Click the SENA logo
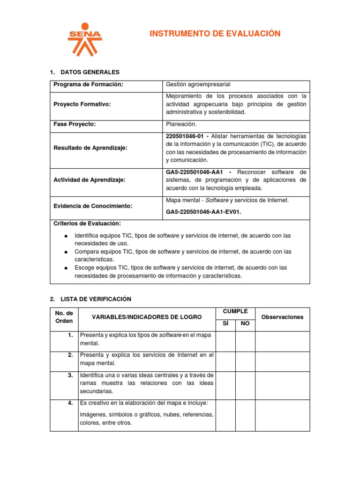(84, 39)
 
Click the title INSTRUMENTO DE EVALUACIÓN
(215, 34)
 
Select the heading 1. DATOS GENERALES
(84, 72)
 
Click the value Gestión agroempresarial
(198, 84)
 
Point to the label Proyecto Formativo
(82, 104)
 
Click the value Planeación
(181, 124)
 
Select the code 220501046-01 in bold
(186, 136)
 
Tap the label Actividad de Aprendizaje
(89, 180)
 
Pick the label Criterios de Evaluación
(87, 224)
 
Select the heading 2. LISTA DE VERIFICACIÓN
(90, 299)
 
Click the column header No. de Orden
(64, 317)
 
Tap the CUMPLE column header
(235, 311)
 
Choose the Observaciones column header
(282, 317)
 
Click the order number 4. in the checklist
(70, 403)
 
